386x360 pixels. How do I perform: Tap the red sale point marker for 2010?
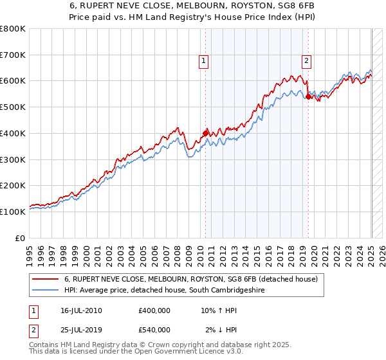pos(205,133)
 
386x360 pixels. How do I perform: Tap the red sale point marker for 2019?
pos(308,97)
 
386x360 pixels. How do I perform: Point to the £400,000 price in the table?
pos(154,310)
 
